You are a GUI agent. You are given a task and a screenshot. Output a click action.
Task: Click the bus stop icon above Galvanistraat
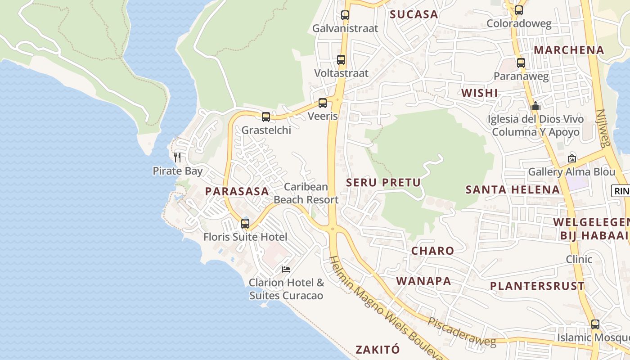tap(345, 15)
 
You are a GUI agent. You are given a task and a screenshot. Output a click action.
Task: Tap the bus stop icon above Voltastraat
tap(341, 59)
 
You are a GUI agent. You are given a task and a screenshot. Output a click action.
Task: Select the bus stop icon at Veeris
tap(323, 103)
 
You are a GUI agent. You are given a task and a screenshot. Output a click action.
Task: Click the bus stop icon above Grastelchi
tap(266, 117)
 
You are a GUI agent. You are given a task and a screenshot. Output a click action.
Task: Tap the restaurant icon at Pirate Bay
tap(177, 157)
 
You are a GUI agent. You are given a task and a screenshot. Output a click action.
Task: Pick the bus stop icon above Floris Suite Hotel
tap(245, 223)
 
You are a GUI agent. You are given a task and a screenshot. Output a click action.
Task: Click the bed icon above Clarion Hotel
tap(286, 270)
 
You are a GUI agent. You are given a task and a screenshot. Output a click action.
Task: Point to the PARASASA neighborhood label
tap(237, 191)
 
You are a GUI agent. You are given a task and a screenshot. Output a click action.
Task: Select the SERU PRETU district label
tap(383, 182)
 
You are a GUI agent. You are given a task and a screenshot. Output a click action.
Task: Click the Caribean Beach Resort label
tap(306, 193)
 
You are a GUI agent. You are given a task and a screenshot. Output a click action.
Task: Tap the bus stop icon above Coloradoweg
tap(519, 10)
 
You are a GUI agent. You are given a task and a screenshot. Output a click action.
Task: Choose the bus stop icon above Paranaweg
tap(521, 63)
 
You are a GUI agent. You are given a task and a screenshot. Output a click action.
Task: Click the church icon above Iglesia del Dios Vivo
tap(535, 106)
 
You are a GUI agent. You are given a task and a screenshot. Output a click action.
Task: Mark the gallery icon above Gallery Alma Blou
tap(572, 158)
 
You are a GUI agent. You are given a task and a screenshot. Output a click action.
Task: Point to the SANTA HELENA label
tap(513, 189)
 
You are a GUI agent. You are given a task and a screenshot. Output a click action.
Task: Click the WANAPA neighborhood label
tap(423, 281)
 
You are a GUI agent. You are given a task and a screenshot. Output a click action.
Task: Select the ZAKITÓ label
tap(378, 349)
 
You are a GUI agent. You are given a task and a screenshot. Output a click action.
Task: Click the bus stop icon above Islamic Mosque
tap(595, 324)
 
